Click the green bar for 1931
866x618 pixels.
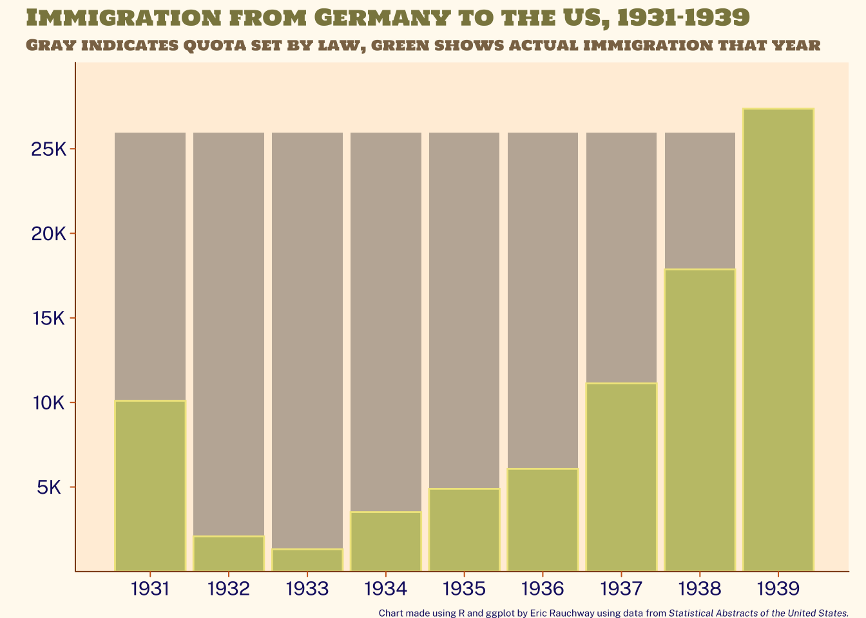pos(150,485)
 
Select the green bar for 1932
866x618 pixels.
pos(229,553)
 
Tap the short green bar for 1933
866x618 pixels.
pos(307,559)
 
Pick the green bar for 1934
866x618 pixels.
pos(386,541)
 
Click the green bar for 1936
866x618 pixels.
pos(543,520)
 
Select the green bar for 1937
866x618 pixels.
pos(621,476)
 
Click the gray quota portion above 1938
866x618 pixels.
pos(700,200)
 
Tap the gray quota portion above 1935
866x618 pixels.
pos(464,310)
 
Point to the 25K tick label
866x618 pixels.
pos(49,150)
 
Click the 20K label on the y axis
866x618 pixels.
pos(49,234)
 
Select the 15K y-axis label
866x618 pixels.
pos(49,319)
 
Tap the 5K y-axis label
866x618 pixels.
pos(49,487)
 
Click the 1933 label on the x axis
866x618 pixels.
pos(307,588)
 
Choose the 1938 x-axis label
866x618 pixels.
pos(700,588)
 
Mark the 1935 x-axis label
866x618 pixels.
pos(464,588)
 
